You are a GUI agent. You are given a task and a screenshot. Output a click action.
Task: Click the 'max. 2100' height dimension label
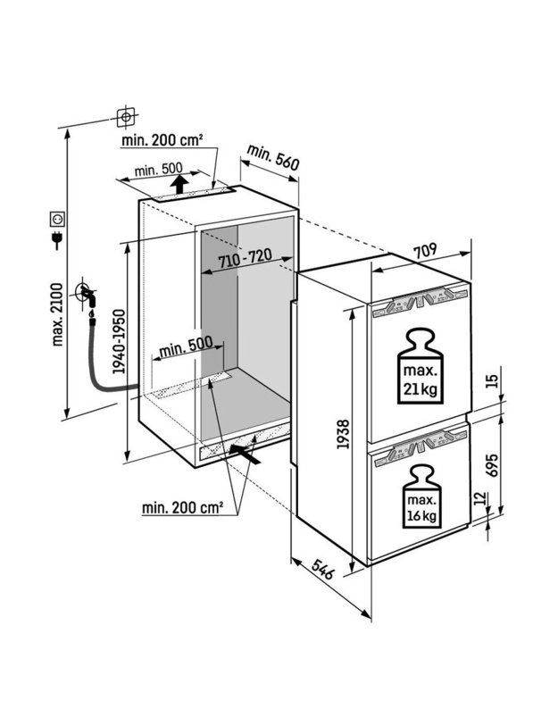click(57, 314)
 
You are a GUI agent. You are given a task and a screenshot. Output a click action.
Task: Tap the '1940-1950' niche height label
click(119, 341)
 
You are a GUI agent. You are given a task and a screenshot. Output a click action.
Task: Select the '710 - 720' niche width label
click(246, 258)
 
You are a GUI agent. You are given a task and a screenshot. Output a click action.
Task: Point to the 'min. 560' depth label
click(272, 157)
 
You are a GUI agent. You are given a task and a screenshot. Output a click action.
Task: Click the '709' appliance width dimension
click(426, 251)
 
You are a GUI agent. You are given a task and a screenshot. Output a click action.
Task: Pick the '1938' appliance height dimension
click(343, 434)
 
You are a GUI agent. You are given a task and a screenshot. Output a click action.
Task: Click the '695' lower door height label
click(492, 464)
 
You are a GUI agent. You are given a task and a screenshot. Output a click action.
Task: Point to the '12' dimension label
click(482, 498)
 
